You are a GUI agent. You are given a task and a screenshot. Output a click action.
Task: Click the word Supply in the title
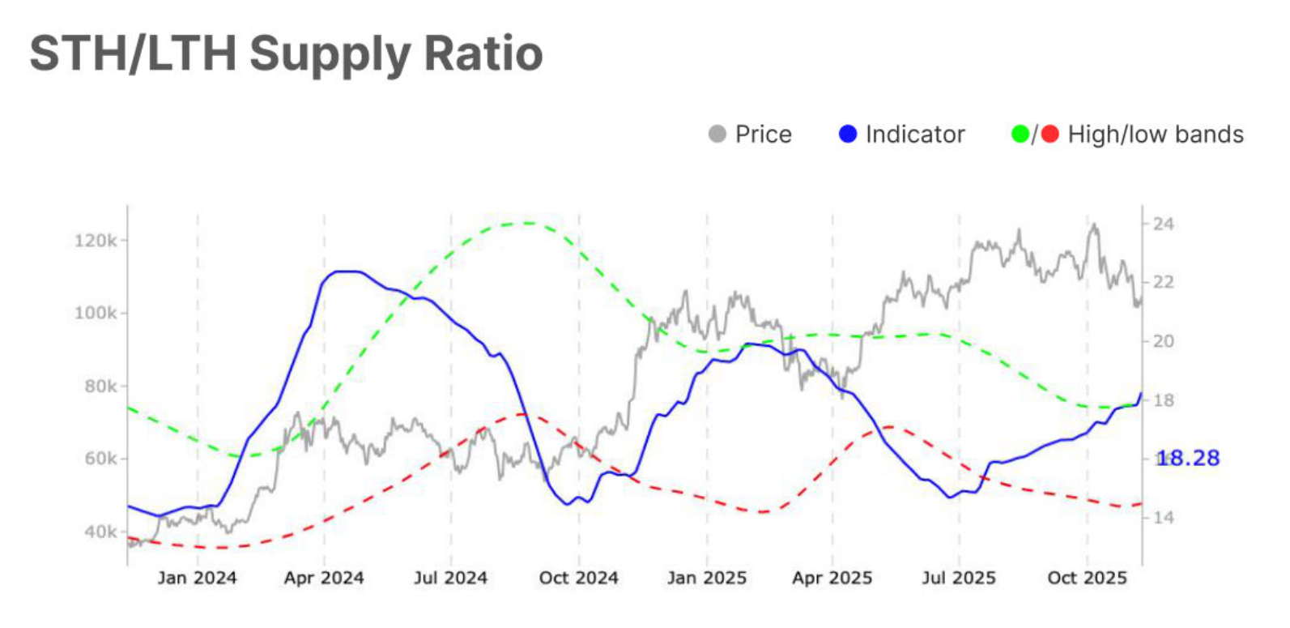tap(330, 54)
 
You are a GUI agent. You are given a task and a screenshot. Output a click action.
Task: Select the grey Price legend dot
tap(717, 135)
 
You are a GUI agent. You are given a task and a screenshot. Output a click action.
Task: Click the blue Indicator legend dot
tap(847, 135)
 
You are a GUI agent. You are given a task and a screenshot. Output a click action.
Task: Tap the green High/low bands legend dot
tap(1020, 135)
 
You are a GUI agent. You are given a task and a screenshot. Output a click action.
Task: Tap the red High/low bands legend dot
tap(1049, 135)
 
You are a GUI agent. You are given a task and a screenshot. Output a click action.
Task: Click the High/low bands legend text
tap(1155, 135)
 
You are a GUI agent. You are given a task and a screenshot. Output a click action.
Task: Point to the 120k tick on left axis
tap(96, 241)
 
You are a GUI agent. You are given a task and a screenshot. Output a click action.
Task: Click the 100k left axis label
tap(96, 313)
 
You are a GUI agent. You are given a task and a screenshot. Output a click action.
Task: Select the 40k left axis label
tap(100, 532)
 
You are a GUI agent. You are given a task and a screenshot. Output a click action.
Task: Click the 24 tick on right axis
tap(1163, 224)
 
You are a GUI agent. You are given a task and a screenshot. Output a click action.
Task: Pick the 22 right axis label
tap(1163, 282)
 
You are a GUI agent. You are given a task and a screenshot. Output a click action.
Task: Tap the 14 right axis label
tap(1163, 517)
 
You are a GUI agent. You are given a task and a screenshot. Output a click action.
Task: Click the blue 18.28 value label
tap(1187, 459)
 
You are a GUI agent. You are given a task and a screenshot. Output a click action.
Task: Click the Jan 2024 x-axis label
tap(197, 578)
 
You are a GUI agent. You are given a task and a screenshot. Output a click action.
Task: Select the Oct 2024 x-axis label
tap(578, 578)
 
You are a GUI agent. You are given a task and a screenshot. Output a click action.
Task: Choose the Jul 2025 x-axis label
tap(958, 578)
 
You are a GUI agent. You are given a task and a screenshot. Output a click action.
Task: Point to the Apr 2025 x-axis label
tap(832, 578)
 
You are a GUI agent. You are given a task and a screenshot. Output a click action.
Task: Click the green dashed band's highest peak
tap(526, 223)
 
